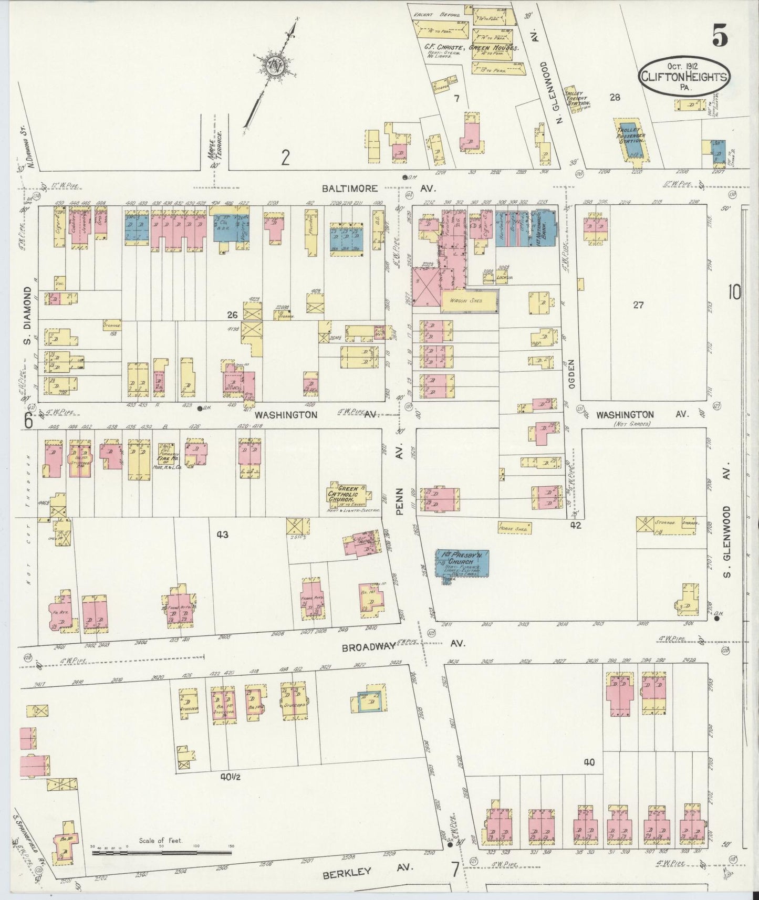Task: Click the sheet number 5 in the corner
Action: [x=720, y=36]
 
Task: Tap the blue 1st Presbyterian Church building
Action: [x=462, y=563]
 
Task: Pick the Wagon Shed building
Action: [x=470, y=301]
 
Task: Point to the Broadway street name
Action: [x=368, y=647]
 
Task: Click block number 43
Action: [x=222, y=535]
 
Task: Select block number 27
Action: [x=638, y=304]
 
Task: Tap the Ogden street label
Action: [x=571, y=373]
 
